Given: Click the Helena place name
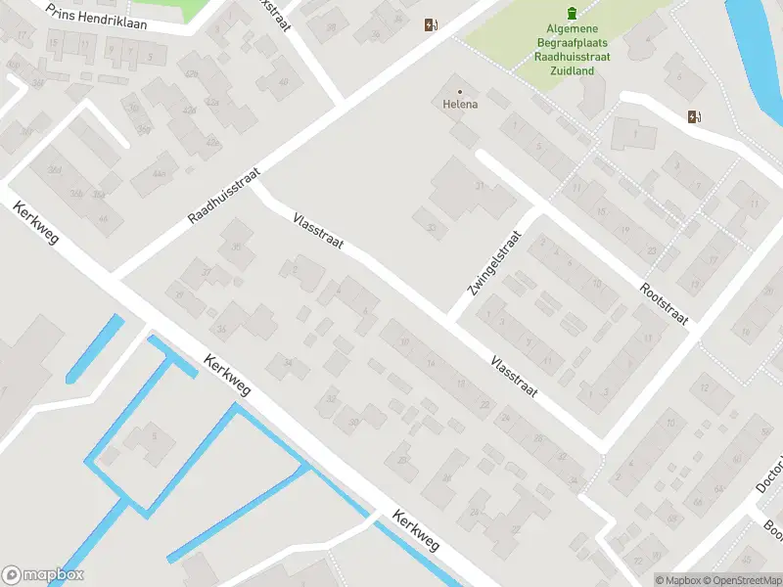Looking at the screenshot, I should click(x=460, y=105).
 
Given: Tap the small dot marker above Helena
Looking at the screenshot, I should click(x=460, y=92).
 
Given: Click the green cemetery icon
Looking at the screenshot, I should click(x=573, y=12).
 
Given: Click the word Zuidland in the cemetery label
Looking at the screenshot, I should click(x=573, y=71).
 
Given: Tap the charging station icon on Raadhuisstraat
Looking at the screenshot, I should click(x=430, y=25).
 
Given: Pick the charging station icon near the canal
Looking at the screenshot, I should click(x=695, y=117).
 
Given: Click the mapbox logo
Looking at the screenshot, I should click(x=43, y=575).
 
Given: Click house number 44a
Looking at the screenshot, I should click(x=159, y=173).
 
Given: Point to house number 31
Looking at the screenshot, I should click(x=480, y=185).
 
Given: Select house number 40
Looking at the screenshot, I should click(x=284, y=82).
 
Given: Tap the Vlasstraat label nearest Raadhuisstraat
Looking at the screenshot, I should click(x=318, y=231).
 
